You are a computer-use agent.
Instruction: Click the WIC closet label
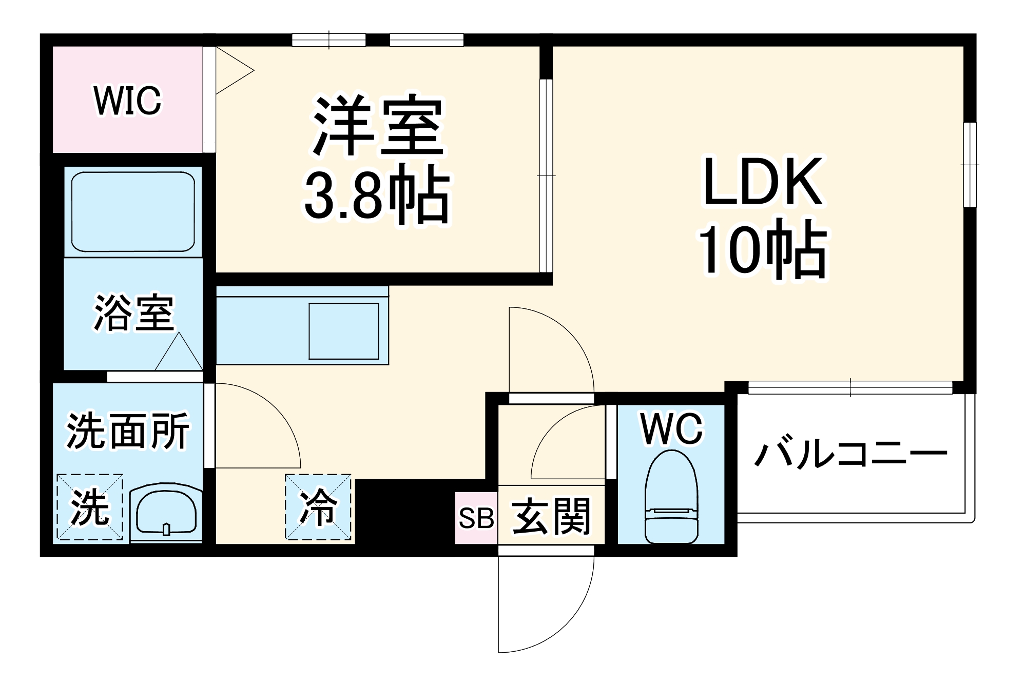point(127,101)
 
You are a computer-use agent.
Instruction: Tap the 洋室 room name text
point(378,126)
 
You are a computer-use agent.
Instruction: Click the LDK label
point(763,182)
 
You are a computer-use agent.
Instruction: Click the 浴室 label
point(134,312)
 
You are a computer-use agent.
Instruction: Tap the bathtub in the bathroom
point(133,211)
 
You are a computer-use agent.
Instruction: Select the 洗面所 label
point(128,431)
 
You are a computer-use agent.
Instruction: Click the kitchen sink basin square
point(344,331)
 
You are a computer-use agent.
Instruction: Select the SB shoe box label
point(476,518)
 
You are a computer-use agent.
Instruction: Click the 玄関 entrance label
point(551,516)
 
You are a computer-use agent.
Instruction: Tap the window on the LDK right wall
point(969,165)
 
